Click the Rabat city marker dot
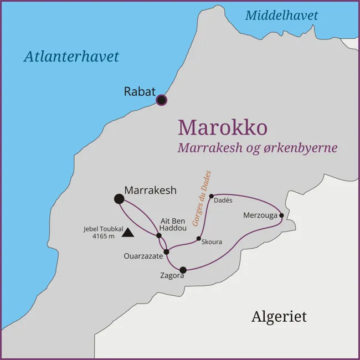pyautogui.click(x=161, y=100)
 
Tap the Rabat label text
pyautogui.click(x=140, y=92)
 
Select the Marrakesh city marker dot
pyautogui.click(x=119, y=199)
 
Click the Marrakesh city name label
pyautogui.click(x=150, y=190)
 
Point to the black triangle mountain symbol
pyautogui.click(x=128, y=233)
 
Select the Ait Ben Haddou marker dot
pyautogui.click(x=159, y=235)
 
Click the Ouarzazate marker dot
pyautogui.click(x=166, y=251)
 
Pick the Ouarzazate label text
pyautogui.click(x=143, y=256)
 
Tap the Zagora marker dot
pyautogui.click(x=183, y=270)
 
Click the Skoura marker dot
pyautogui.click(x=198, y=239)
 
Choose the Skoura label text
pyautogui.click(x=212, y=243)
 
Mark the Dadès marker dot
pyautogui.click(x=211, y=196)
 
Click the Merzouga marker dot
pyautogui.click(x=281, y=215)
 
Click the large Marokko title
pyautogui.click(x=222, y=127)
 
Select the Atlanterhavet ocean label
pyautogui.click(x=71, y=56)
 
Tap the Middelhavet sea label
pyautogui.click(x=281, y=16)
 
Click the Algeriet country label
pyautogui.click(x=279, y=317)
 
